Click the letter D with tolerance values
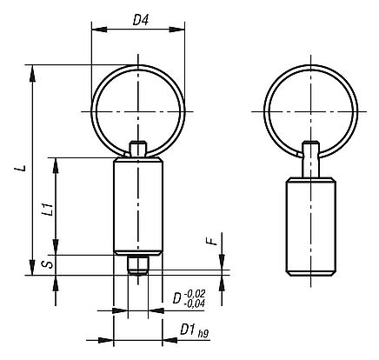coord(178,300)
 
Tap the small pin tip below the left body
coord(136,263)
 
